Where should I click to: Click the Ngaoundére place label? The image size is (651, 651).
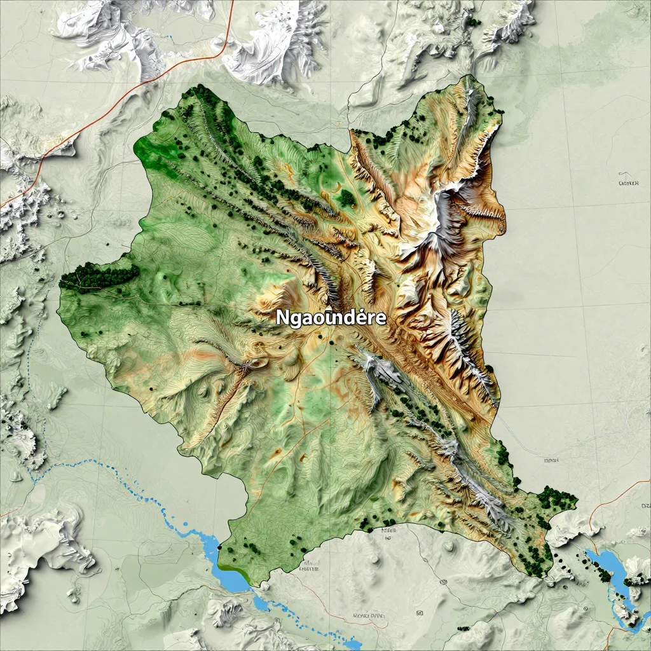pyautogui.click(x=331, y=318)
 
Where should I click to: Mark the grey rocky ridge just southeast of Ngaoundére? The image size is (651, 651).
pyautogui.click(x=375, y=372)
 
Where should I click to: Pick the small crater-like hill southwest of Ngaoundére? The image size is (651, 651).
pyautogui.click(x=256, y=363)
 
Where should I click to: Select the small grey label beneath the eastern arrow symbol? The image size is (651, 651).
pyautogui.click(x=627, y=184)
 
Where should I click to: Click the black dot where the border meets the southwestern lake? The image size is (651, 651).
pyautogui.click(x=219, y=547)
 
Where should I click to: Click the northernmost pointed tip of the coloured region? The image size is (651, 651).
pyautogui.click(x=470, y=76)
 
